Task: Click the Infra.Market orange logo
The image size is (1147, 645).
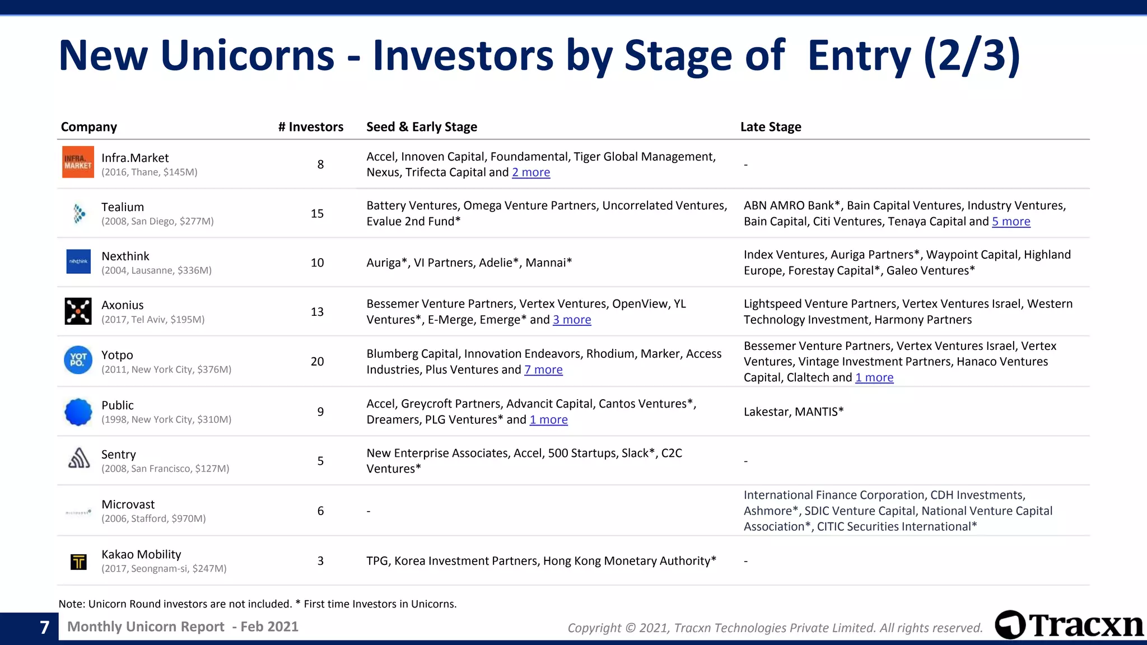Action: (x=78, y=162)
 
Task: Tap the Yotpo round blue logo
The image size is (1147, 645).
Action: (x=78, y=360)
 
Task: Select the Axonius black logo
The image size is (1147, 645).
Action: (x=78, y=311)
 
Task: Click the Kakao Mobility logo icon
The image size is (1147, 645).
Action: (x=78, y=562)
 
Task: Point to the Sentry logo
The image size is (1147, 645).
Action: (x=79, y=459)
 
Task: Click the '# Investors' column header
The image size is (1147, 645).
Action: (x=310, y=127)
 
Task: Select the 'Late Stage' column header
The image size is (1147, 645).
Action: (x=771, y=127)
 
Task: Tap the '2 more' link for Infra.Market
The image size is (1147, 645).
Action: (x=531, y=172)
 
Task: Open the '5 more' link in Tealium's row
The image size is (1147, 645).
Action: (x=1011, y=222)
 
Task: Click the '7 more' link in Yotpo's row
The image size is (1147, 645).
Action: (x=543, y=370)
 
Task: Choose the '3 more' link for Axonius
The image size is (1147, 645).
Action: (x=572, y=320)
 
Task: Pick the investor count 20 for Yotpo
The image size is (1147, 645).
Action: (x=317, y=362)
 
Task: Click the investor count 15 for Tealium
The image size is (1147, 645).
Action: (x=317, y=214)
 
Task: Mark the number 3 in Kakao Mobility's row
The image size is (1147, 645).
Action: (x=320, y=561)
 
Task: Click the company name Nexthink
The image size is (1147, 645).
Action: (x=125, y=256)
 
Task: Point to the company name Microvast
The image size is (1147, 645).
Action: (x=128, y=504)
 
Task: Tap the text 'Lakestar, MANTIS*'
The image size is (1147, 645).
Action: (x=794, y=412)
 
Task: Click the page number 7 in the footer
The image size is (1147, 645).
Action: (x=45, y=627)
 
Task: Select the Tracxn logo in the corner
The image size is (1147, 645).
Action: (x=1069, y=625)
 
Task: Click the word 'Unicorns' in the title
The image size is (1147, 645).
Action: (x=247, y=56)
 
